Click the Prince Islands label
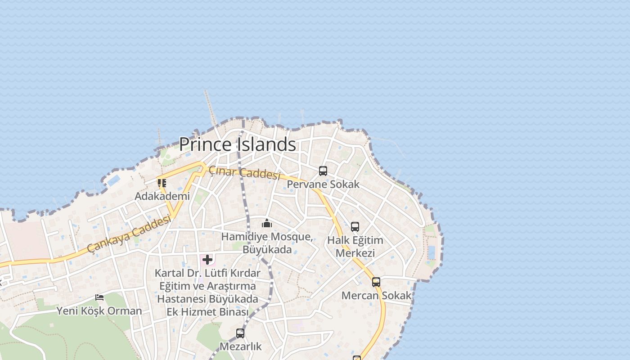click(x=238, y=144)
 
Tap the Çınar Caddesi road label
click(x=244, y=172)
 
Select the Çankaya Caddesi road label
click(x=130, y=234)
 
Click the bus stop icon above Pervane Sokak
click(x=323, y=171)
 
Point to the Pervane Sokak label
click(x=323, y=184)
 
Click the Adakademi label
click(x=162, y=196)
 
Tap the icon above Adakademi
click(x=162, y=183)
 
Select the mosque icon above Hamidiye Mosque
click(x=267, y=223)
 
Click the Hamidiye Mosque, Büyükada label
click(x=267, y=243)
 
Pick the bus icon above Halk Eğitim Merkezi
click(x=355, y=227)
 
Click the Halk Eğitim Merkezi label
click(x=355, y=246)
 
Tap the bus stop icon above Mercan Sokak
click(x=376, y=282)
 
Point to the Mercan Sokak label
click(x=376, y=295)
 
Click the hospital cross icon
click(x=207, y=260)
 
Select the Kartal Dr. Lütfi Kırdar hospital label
click(x=207, y=292)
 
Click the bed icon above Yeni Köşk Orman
click(x=99, y=297)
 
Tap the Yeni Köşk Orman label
click(x=99, y=310)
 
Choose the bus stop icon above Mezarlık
click(x=240, y=333)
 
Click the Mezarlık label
click(x=240, y=346)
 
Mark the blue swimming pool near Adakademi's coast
click(x=113, y=180)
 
